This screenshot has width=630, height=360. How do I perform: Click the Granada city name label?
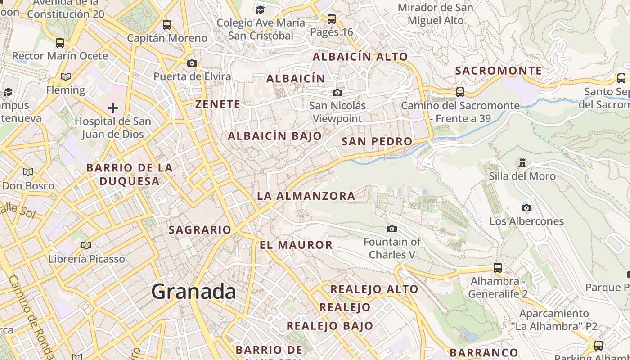(x=193, y=292)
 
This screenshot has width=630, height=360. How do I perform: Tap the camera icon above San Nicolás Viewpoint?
(x=337, y=93)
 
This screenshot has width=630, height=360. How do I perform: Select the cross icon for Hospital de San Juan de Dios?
(x=113, y=108)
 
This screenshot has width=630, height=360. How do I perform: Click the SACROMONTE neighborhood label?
(x=499, y=71)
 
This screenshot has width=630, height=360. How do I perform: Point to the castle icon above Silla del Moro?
(x=522, y=162)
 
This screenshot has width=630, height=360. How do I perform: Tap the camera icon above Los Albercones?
(x=526, y=208)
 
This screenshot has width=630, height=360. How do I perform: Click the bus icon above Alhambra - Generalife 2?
(x=498, y=268)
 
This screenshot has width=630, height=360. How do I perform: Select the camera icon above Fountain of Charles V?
(x=392, y=229)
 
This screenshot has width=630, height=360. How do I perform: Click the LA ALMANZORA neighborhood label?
(x=306, y=196)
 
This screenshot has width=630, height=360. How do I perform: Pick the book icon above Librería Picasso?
(x=86, y=245)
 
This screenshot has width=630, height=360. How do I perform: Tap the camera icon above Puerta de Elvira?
(x=192, y=63)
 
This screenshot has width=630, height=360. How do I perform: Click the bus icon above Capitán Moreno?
(x=167, y=25)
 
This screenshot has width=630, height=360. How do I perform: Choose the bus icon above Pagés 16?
(x=332, y=19)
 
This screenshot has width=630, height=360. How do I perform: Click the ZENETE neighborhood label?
(x=218, y=104)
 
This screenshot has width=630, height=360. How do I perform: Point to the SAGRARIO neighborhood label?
(x=200, y=229)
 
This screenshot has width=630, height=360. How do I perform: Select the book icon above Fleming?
(x=66, y=77)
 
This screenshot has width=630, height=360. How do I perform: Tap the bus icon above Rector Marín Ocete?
(x=60, y=43)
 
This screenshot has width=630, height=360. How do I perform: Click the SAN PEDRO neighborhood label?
(x=377, y=141)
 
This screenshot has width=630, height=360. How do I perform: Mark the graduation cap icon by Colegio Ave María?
(x=260, y=9)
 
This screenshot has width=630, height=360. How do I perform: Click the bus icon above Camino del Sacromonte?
(x=460, y=92)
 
